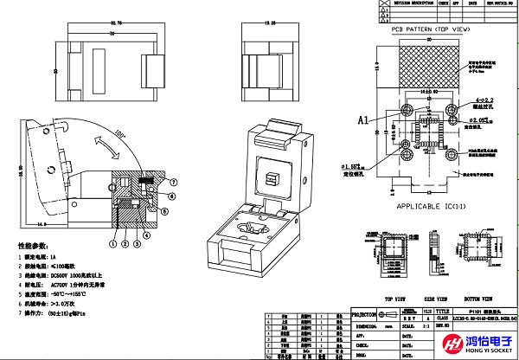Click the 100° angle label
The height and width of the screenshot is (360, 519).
[x=121, y=135]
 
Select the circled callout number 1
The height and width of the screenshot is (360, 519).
[x=113, y=243]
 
